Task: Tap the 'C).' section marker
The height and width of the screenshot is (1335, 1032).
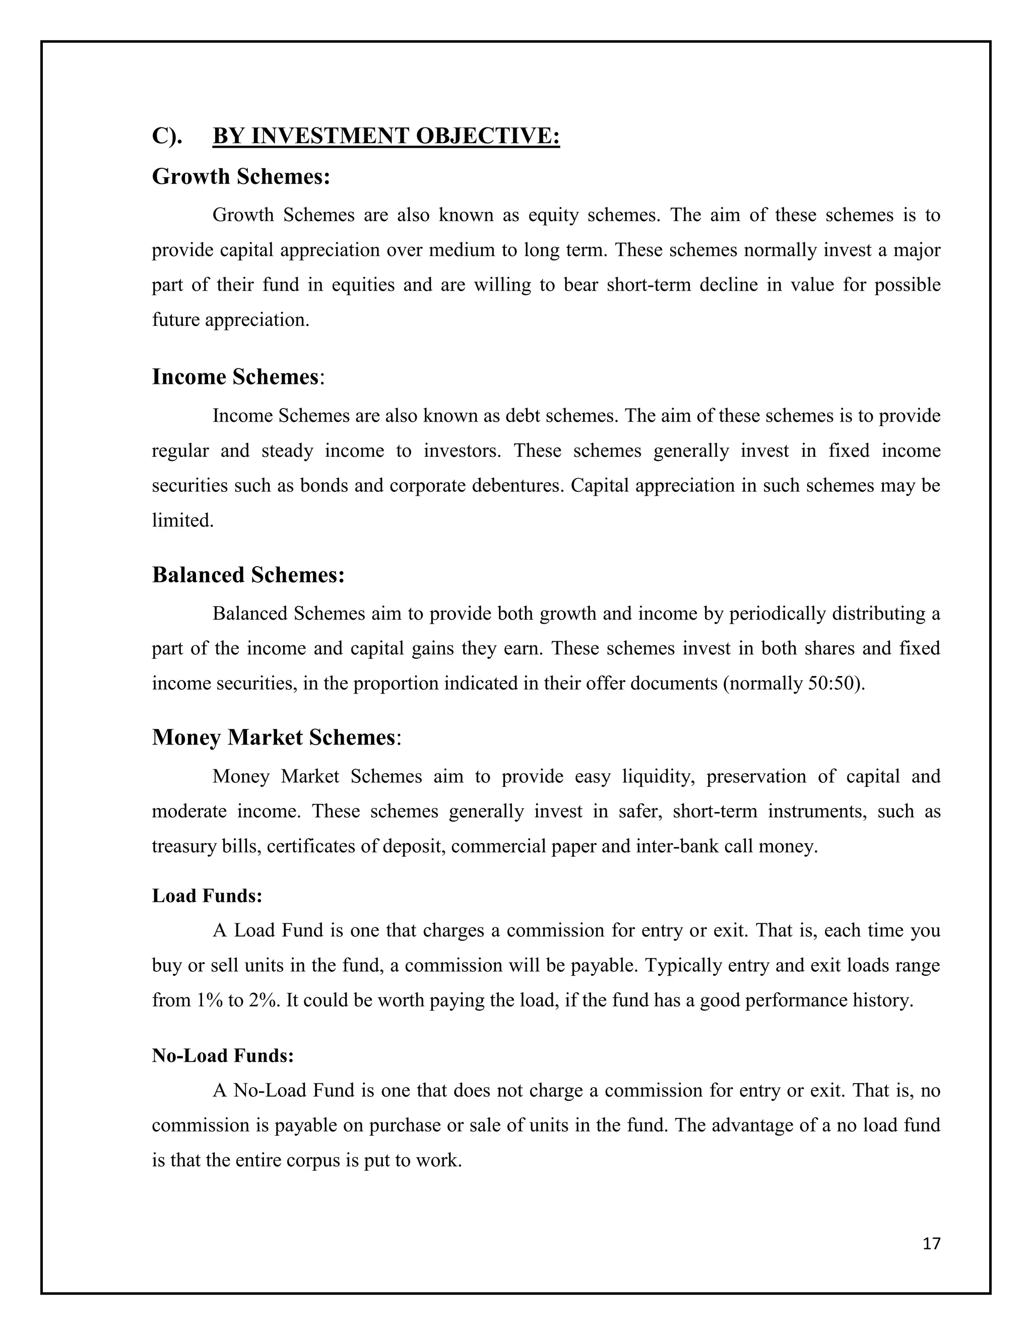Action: (x=167, y=136)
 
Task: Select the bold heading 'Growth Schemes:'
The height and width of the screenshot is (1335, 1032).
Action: (x=241, y=177)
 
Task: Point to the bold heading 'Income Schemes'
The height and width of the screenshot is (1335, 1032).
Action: (x=235, y=377)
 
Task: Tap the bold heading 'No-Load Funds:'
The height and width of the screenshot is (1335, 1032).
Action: (x=223, y=1055)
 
